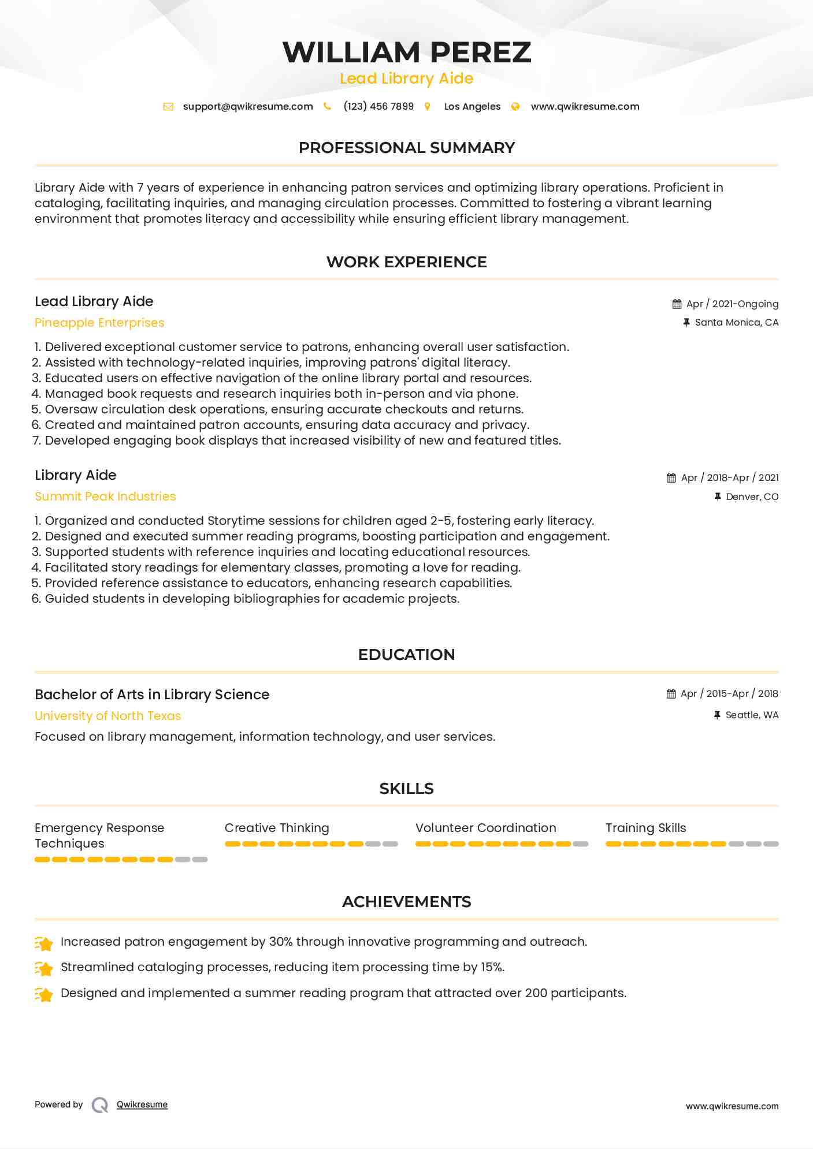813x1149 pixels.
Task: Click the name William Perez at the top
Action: (x=406, y=53)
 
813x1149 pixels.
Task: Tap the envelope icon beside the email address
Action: (x=168, y=107)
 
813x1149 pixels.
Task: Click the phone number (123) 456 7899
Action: (x=378, y=107)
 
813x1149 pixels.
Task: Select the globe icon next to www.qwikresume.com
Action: (x=515, y=107)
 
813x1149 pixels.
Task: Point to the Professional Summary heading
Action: (x=406, y=148)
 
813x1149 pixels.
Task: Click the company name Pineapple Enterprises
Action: (x=99, y=323)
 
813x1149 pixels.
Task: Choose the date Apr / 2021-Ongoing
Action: (x=732, y=304)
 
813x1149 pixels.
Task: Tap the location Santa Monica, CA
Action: (x=736, y=323)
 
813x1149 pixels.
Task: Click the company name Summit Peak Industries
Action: (x=105, y=497)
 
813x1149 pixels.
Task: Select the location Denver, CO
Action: (x=752, y=497)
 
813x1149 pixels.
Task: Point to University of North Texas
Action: (x=108, y=716)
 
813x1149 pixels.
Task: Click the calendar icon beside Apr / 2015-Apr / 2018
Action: (x=671, y=694)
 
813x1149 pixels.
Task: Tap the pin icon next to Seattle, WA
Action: (x=717, y=715)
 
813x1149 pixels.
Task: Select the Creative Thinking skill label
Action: (x=277, y=828)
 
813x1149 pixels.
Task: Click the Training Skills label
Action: (x=645, y=828)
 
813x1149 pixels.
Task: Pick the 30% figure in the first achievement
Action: (x=281, y=942)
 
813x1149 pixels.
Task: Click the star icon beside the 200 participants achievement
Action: (x=44, y=994)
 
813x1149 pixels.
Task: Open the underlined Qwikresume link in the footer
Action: (x=142, y=1105)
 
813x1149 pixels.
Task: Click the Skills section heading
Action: (x=406, y=789)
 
